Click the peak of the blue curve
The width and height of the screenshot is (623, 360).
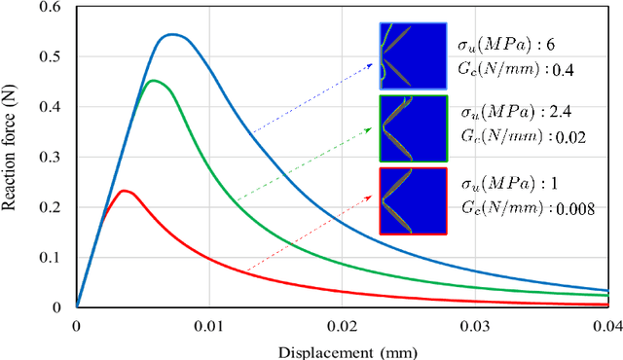pos(172,35)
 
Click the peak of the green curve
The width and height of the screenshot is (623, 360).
pos(153,81)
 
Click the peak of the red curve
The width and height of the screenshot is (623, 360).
pos(124,191)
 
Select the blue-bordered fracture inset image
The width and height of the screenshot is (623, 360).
pos(413,56)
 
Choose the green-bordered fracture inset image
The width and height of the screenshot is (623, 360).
pos(413,128)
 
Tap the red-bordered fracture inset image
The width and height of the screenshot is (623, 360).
pos(413,200)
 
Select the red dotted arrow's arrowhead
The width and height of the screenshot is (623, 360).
pos(376,197)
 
